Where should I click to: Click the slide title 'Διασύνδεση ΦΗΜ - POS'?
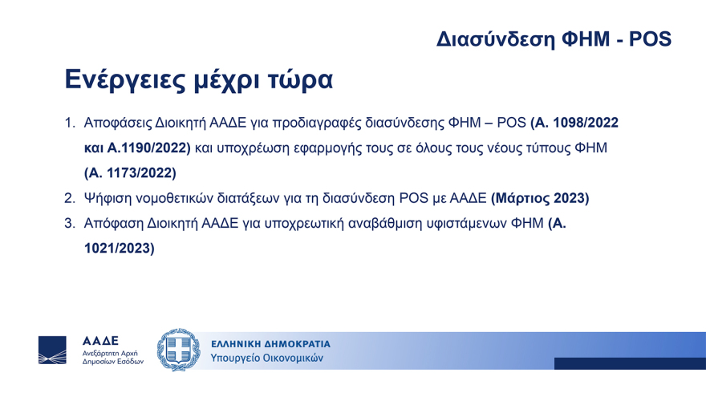(554, 39)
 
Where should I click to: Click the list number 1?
(70, 124)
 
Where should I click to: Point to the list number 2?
(70, 198)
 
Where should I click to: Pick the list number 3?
(70, 224)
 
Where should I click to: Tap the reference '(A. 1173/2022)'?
(130, 173)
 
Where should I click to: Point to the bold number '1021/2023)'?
(119, 249)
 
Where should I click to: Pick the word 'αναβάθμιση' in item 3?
(400, 224)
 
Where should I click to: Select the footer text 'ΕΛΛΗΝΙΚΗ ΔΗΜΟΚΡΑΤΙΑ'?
(270, 343)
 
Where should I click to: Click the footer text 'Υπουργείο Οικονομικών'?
(267, 359)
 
